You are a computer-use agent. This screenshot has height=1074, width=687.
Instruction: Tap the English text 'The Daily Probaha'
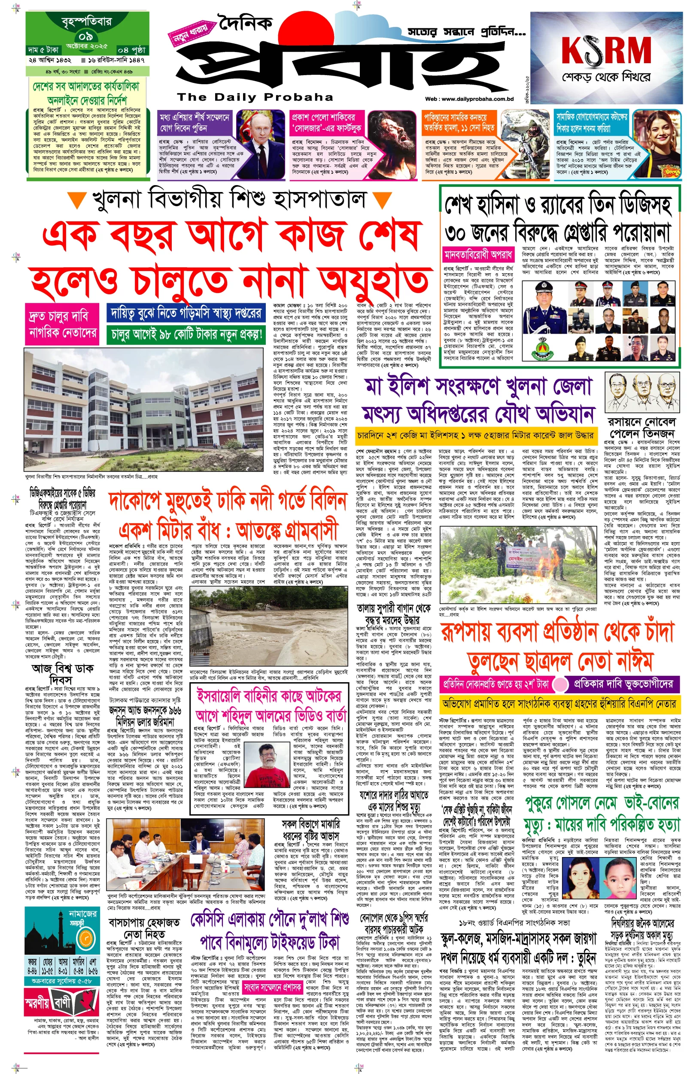255,97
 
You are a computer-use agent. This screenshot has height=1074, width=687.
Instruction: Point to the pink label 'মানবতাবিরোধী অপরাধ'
478,255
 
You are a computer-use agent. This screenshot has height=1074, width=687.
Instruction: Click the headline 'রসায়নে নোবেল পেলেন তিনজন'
642,428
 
